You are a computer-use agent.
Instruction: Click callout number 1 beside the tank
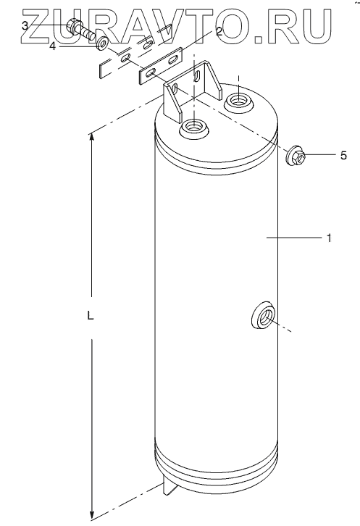click(x=329, y=238)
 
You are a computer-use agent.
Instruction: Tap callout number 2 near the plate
click(x=219, y=32)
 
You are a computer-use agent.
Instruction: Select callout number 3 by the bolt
click(x=25, y=25)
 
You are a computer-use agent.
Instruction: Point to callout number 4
click(x=52, y=46)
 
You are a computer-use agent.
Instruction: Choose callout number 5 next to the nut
click(x=343, y=155)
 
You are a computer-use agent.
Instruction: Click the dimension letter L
click(x=91, y=315)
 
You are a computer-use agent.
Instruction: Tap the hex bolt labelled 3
click(x=80, y=30)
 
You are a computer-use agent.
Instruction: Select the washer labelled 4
click(x=101, y=44)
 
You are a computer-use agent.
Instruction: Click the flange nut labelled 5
click(x=296, y=156)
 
